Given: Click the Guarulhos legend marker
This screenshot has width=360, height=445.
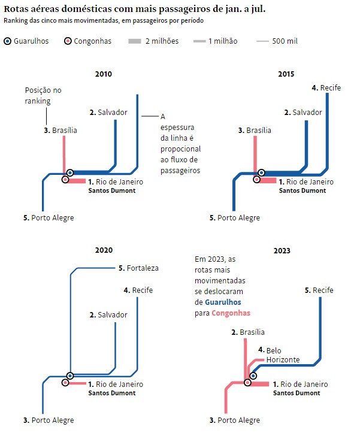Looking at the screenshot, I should (8, 41).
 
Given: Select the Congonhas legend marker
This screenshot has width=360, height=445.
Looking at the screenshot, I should (68, 41).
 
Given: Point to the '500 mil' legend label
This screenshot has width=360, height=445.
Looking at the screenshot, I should (285, 41).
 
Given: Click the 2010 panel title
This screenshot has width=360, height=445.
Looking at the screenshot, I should (103, 74).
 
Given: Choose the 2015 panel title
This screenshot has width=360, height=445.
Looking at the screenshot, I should (286, 74).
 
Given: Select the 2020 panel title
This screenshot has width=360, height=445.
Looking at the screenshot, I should (103, 250).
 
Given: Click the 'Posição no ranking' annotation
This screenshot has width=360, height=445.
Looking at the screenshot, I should (43, 96).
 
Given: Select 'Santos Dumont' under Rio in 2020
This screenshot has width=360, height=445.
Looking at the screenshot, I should (111, 393).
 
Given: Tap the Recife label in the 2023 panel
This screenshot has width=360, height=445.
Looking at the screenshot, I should (323, 290).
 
